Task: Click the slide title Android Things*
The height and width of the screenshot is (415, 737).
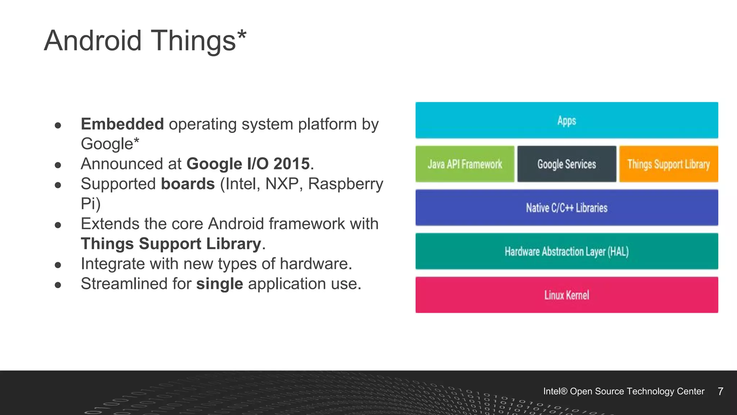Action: (x=145, y=41)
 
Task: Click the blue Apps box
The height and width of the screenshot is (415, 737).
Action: (x=566, y=120)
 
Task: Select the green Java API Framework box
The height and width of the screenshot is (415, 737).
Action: (x=465, y=164)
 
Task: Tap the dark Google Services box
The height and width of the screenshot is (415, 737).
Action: (x=566, y=164)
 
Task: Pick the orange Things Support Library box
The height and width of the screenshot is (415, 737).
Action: (x=668, y=164)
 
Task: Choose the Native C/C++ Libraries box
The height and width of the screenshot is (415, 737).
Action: (x=566, y=208)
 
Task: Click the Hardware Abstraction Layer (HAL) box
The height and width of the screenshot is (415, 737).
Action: (x=566, y=251)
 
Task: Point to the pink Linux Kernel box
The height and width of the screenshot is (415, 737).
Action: (x=566, y=295)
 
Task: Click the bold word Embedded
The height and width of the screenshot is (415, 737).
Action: (x=122, y=124)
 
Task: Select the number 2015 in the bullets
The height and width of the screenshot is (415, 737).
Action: (x=291, y=164)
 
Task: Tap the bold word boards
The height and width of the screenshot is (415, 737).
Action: (x=188, y=184)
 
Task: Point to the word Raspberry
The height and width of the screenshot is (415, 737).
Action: (x=345, y=184)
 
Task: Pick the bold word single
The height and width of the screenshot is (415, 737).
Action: (x=220, y=284)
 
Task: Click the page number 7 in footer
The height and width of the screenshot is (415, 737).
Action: (x=720, y=392)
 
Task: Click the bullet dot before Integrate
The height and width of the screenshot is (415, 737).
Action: (x=58, y=265)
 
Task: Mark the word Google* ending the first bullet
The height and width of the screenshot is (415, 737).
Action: (x=110, y=144)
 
